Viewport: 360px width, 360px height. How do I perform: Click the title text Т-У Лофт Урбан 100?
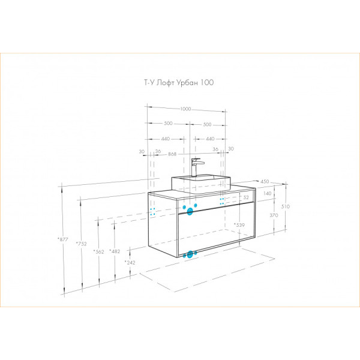click(179, 83)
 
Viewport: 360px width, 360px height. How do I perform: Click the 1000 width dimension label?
click(185, 109)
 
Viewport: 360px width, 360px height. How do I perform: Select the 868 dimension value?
click(172, 154)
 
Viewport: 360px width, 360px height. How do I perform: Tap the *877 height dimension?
click(62, 239)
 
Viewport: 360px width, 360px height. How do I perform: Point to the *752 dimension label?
click(81, 244)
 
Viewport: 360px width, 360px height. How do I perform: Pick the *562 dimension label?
click(99, 251)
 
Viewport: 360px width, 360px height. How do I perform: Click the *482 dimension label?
click(115, 251)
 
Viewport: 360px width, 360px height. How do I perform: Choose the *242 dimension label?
click(130, 262)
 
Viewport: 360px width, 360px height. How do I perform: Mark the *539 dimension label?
click(239, 225)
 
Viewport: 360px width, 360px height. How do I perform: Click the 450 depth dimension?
click(265, 181)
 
